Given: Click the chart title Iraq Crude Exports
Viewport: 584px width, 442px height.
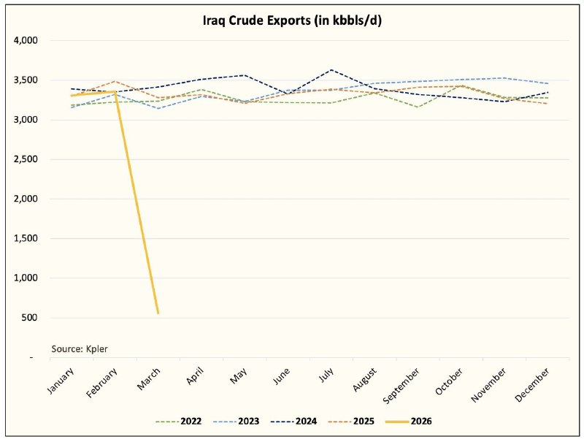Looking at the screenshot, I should [x=292, y=20].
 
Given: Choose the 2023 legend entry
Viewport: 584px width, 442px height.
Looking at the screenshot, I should [x=239, y=422].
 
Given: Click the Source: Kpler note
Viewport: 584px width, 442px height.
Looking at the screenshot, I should [x=74, y=348].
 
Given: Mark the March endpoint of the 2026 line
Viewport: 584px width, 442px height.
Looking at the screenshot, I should [x=158, y=313].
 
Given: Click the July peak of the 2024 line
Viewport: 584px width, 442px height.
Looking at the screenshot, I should [x=331, y=70].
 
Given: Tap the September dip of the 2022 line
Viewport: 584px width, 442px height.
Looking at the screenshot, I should [x=417, y=107].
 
